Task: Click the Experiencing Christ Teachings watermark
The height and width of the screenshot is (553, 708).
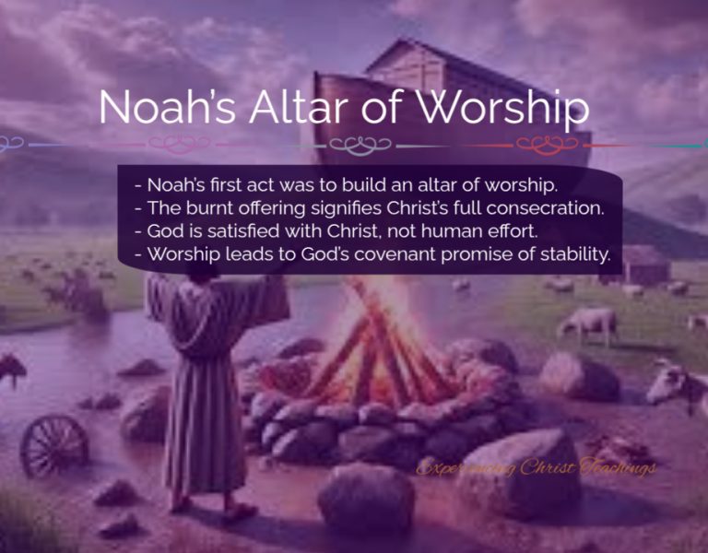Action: (536, 468)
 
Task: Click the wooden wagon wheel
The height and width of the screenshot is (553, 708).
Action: (53, 444)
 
